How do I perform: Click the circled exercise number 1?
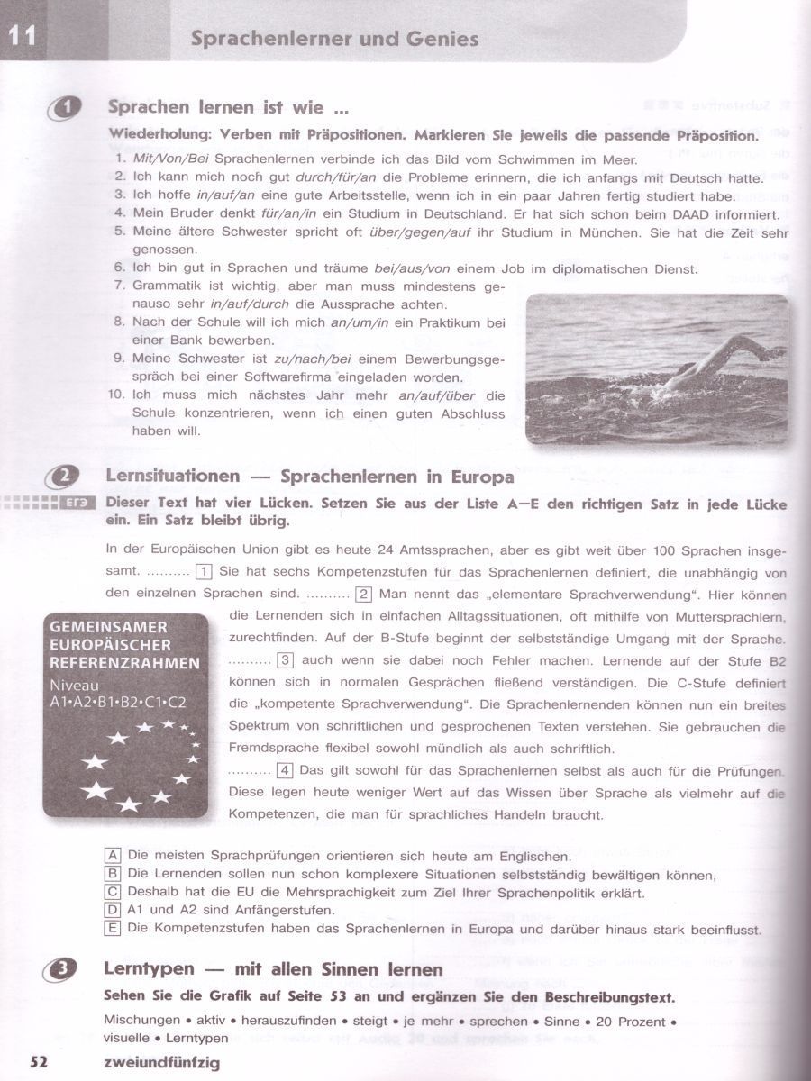click(x=68, y=107)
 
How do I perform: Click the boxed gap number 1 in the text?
click(x=204, y=572)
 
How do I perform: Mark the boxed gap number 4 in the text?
click(x=285, y=770)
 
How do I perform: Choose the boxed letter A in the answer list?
click(x=113, y=856)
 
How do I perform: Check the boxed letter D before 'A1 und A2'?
click(x=113, y=910)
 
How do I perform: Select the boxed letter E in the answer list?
click(x=113, y=928)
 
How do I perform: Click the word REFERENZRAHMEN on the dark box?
click(x=125, y=663)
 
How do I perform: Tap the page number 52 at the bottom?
click(x=40, y=1062)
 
